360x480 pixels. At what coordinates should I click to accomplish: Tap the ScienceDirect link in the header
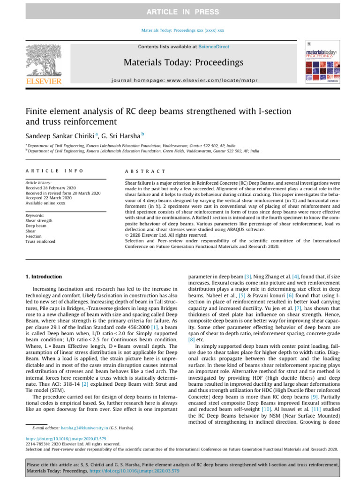[x=214, y=47]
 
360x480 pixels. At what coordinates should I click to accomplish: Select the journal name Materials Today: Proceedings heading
[x=183, y=62]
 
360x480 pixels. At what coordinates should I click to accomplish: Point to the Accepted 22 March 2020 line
[x=49, y=198]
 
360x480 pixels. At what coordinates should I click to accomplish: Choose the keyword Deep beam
[x=36, y=226]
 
